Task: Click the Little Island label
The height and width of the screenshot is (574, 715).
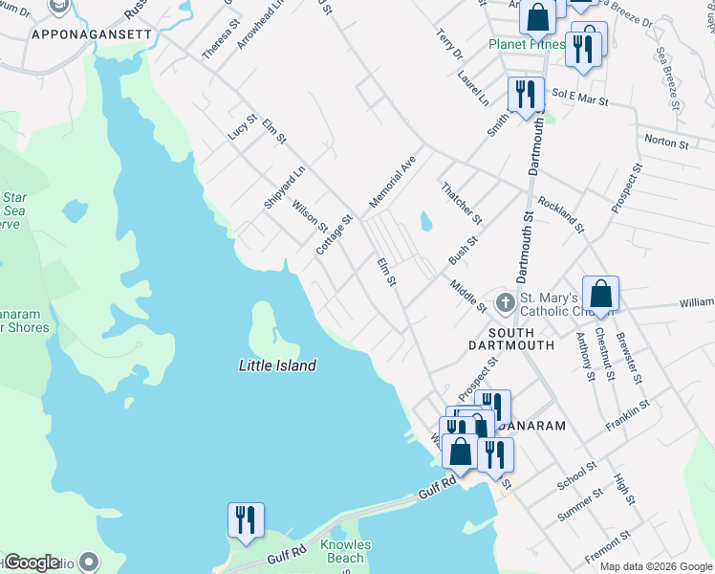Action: tap(277, 365)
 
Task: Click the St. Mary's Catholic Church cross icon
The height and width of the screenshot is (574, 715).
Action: tap(504, 301)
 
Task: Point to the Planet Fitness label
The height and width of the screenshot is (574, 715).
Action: tap(525, 44)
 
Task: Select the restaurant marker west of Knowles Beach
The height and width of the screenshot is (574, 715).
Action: tap(246, 520)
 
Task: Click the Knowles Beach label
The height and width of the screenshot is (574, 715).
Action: tap(345, 551)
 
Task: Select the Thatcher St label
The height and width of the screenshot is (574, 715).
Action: tap(460, 201)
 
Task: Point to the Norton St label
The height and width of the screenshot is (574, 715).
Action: tap(666, 143)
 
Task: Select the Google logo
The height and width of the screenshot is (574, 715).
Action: tap(32, 563)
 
